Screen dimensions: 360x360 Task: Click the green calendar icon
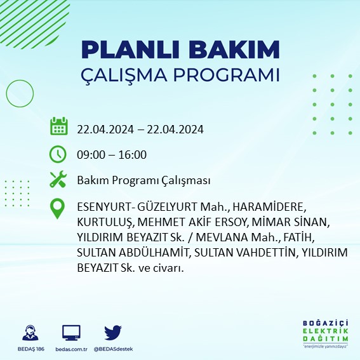click(58, 126)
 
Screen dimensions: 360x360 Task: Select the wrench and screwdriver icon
click(58, 180)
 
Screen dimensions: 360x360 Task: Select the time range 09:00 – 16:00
click(112, 154)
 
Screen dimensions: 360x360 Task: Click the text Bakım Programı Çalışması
click(143, 181)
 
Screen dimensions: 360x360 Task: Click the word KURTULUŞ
click(104, 223)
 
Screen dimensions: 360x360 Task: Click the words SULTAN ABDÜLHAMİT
click(121, 253)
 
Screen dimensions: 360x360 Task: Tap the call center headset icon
click(28, 333)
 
